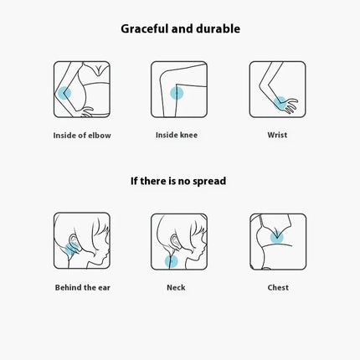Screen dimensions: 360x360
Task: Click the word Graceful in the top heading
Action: click(x=145, y=29)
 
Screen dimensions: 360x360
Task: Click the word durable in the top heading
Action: click(x=218, y=28)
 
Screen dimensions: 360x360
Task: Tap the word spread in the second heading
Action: click(x=209, y=182)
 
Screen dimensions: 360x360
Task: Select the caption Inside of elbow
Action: click(x=82, y=136)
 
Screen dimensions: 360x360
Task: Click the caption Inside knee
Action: click(x=177, y=135)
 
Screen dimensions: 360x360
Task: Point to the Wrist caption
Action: click(x=277, y=135)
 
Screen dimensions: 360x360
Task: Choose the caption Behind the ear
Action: click(x=83, y=287)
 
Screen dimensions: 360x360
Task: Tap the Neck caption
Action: click(x=176, y=287)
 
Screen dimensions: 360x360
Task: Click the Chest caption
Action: click(x=278, y=287)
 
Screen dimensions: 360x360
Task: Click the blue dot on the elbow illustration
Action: click(x=64, y=93)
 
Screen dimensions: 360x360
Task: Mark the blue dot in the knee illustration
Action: click(x=177, y=93)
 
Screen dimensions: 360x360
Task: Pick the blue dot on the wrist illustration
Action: click(x=280, y=103)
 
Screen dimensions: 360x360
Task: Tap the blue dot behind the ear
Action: click(x=71, y=249)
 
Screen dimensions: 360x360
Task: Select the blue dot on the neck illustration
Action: click(x=171, y=261)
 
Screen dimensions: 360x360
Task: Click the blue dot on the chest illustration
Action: click(x=277, y=238)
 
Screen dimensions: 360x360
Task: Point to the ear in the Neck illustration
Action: click(x=174, y=241)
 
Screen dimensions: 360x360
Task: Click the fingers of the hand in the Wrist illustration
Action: click(x=291, y=105)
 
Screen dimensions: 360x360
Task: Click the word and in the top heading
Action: click(x=183, y=28)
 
